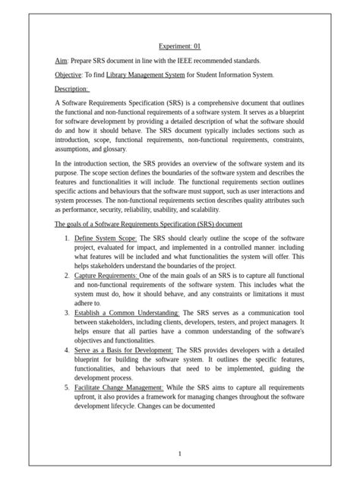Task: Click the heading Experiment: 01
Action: pos(180,46)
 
